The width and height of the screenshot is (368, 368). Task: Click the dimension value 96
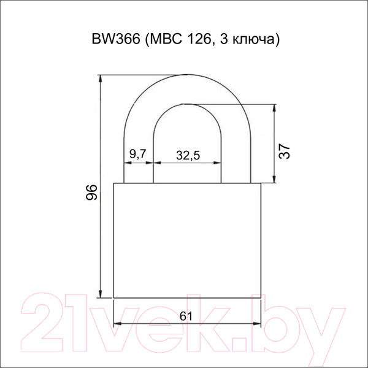pos(91,192)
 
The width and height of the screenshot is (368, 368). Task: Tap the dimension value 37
pos(285,151)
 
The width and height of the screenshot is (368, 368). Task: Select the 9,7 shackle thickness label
pos(138,154)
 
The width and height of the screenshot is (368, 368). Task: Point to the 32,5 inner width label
pos(188,155)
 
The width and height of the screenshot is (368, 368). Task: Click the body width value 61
pos(186,316)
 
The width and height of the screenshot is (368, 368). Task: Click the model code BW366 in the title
pos(116,39)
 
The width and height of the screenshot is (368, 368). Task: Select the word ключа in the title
pos(253,40)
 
